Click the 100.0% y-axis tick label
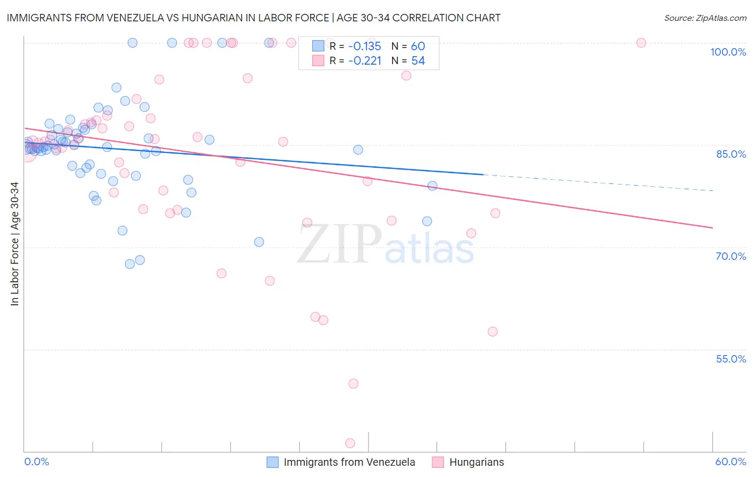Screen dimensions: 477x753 click(728, 52)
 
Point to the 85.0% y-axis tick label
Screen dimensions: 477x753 click(731, 154)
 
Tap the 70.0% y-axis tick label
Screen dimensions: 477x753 click(731, 256)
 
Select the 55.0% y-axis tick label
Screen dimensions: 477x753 click(731, 359)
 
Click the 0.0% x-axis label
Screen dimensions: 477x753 click(36, 461)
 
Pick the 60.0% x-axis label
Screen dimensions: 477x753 click(731, 461)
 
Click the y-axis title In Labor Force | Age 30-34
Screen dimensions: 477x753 click(14, 244)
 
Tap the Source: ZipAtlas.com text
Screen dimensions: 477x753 click(705, 18)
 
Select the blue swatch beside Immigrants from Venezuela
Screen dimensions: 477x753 click(273, 462)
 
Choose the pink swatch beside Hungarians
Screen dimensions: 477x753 click(438, 462)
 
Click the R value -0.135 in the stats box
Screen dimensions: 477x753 click(364, 46)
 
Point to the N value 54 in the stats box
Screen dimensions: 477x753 click(418, 61)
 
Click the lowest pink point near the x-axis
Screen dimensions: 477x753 click(350, 443)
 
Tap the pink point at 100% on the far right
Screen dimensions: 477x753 click(641, 43)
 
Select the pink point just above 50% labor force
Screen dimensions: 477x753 click(353, 383)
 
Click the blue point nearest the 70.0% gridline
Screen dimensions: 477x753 click(259, 242)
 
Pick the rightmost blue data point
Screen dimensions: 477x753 click(432, 186)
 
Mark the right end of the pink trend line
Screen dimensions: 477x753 click(712, 228)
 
